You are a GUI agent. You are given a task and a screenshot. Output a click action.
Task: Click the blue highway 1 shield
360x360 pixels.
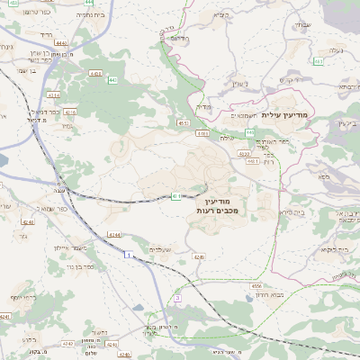pos(129,256)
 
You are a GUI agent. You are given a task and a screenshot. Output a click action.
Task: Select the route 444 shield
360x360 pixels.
pos(61,42)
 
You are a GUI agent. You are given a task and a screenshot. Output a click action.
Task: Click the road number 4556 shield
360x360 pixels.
pos(256,284)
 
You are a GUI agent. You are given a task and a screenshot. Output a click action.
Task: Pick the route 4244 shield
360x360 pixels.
pos(113,234)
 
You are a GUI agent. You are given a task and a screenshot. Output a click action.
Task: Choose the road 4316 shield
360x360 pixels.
pos(71,112)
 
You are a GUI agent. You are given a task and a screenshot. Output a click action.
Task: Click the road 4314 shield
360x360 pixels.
pos(53,93)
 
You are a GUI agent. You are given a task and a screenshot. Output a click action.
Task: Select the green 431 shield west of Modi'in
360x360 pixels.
pos(176,196)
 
